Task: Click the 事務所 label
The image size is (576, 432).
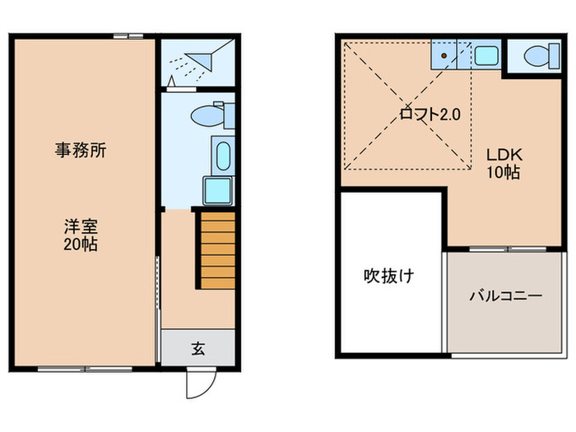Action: (81, 151)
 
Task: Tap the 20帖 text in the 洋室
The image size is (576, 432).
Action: (81, 244)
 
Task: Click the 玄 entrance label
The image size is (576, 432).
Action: (198, 348)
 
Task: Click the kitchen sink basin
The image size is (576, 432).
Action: (485, 56)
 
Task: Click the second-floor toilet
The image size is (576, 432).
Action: (537, 56)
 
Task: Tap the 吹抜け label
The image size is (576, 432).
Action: (388, 276)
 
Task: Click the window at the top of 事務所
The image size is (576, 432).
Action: (127, 35)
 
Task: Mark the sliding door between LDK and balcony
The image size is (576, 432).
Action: (505, 248)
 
